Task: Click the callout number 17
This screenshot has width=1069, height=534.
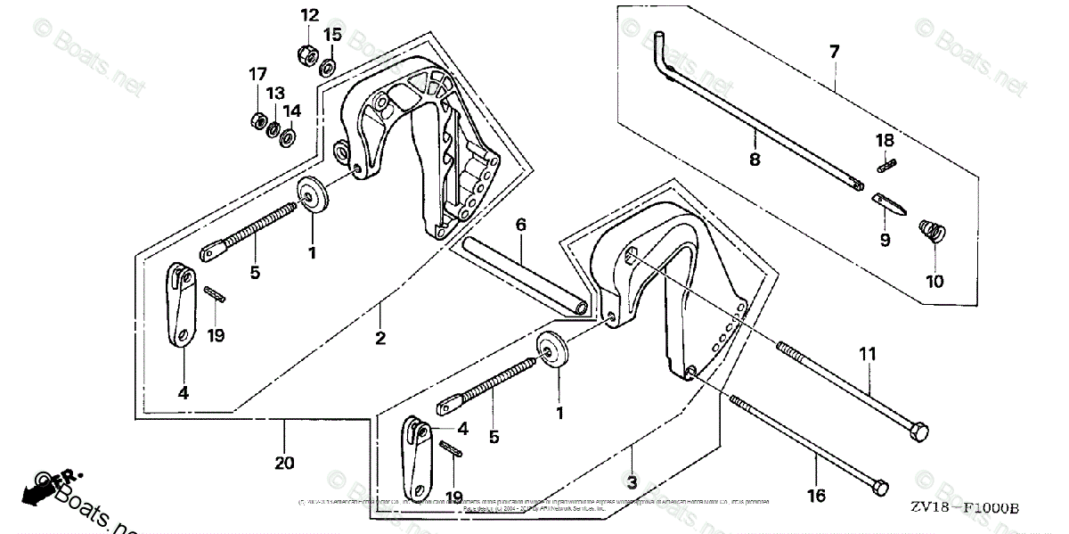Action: (258, 72)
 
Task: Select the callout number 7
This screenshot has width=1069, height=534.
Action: (834, 52)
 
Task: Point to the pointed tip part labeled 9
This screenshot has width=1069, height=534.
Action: (891, 203)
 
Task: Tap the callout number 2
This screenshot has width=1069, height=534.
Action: (379, 338)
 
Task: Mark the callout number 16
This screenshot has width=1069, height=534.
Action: (816, 496)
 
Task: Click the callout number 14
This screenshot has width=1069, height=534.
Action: (292, 111)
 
